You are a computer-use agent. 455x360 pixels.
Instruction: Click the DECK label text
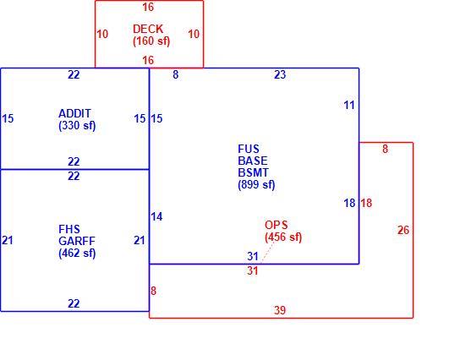pyautogui.click(x=148, y=29)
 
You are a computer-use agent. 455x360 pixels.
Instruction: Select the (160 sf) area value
pyautogui.click(x=151, y=41)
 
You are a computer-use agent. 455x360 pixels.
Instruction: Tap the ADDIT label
pyautogui.click(x=75, y=113)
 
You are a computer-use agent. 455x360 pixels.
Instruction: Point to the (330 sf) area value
pyautogui.click(x=77, y=126)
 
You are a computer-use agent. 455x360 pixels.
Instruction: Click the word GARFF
pyautogui.click(x=77, y=241)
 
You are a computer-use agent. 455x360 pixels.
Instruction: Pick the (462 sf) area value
pyautogui.click(x=77, y=253)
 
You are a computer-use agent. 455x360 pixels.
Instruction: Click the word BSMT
pyautogui.click(x=254, y=172)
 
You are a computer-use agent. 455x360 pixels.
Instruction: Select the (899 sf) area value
pyautogui.click(x=256, y=184)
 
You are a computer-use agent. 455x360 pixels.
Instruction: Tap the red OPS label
pyautogui.click(x=277, y=225)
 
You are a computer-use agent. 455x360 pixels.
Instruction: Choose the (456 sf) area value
pyautogui.click(x=283, y=237)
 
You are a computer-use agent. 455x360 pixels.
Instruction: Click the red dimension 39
pyautogui.click(x=280, y=310)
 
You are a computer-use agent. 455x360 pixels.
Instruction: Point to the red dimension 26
pyautogui.click(x=403, y=230)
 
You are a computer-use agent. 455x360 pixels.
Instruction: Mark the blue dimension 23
pyautogui.click(x=280, y=74)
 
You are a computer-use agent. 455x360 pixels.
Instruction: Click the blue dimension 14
pyautogui.click(x=156, y=216)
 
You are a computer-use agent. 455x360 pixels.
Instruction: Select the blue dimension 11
pyautogui.click(x=349, y=105)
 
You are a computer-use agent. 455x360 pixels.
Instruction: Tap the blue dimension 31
pyautogui.click(x=253, y=256)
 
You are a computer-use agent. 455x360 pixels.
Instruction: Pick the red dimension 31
pyautogui.click(x=253, y=270)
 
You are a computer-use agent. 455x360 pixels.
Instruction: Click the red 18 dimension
pyautogui.click(x=366, y=203)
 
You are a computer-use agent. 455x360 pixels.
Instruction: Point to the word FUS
pyautogui.click(x=249, y=149)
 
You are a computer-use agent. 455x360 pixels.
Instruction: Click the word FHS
pyautogui.click(x=69, y=229)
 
